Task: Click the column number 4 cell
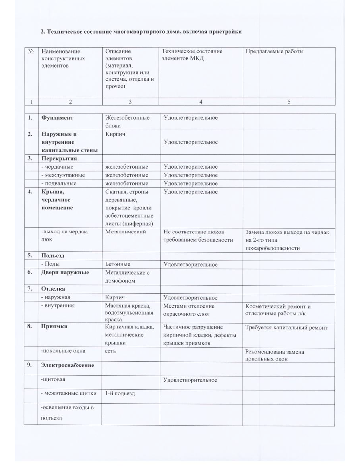pyautogui.click(x=201, y=102)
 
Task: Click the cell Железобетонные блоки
pyautogui.click(x=127, y=121)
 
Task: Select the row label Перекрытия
pyautogui.click(x=59, y=159)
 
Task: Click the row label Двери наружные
pyautogui.click(x=65, y=273)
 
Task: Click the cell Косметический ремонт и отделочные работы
pyautogui.click(x=278, y=310)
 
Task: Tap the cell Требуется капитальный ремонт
pyautogui.click(x=286, y=328)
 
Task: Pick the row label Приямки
pyautogui.click(x=54, y=326)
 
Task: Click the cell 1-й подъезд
pyautogui.click(x=120, y=393)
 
